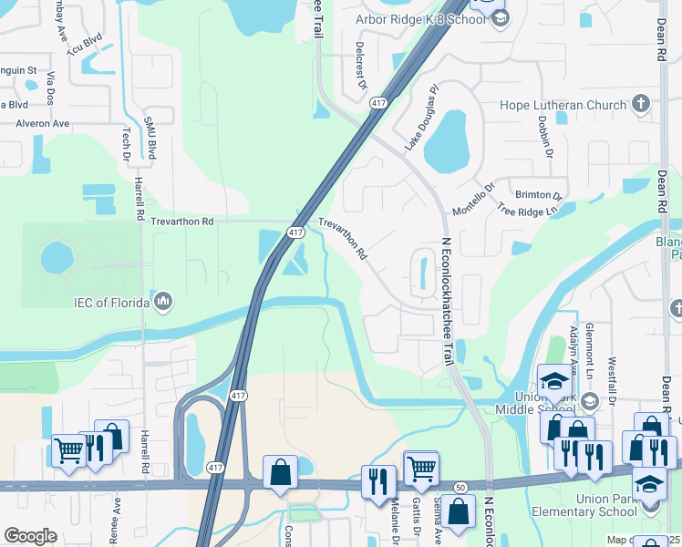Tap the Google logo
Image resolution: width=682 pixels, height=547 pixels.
[30, 536]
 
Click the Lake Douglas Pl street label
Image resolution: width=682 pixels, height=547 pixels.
[421, 119]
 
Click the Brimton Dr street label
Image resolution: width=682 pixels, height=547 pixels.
[540, 194]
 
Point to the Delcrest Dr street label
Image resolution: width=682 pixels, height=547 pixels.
[360, 70]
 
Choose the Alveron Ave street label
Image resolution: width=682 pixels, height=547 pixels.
[42, 123]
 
